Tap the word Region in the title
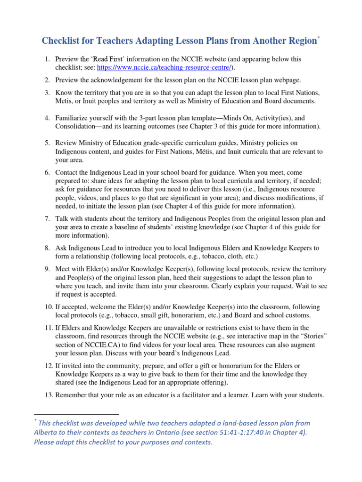[x=299, y=41]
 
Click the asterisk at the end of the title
[x=319, y=38]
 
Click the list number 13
[x=48, y=395]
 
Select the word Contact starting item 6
[x=68, y=173]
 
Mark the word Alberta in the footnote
[x=47, y=433]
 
